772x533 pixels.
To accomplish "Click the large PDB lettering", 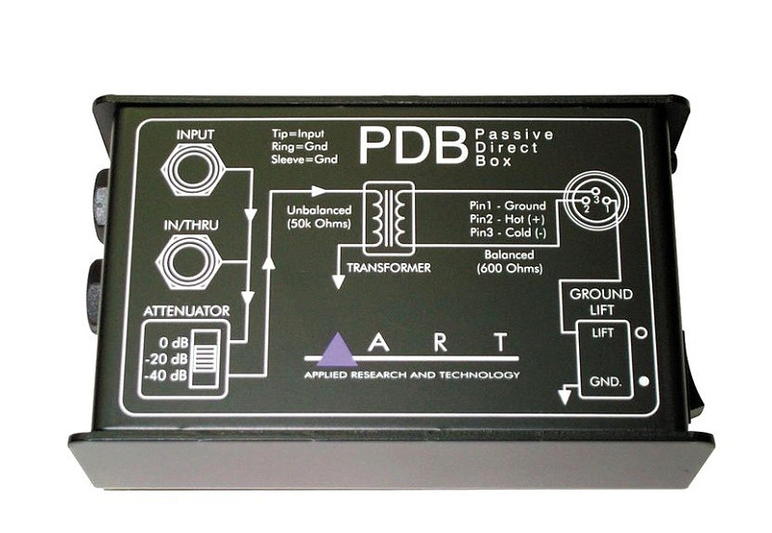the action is coord(413,147).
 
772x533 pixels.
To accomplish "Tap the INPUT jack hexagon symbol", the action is coord(194,171).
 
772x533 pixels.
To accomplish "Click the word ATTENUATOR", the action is coord(186,310).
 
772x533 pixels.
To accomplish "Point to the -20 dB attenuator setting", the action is coord(166,359).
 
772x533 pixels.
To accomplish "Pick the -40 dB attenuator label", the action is coord(166,375).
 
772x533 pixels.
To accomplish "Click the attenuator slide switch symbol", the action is coord(206,360).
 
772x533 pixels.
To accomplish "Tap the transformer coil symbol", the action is coord(388,219).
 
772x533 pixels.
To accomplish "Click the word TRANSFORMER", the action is coord(389,268).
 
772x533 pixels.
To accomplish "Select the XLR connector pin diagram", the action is coord(593,201).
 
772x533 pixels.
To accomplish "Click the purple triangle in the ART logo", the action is coord(337,350).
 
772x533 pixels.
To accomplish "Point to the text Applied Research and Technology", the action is coord(412,375).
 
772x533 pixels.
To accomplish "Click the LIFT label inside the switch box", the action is coord(602,333).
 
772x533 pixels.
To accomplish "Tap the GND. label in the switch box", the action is coord(605,381).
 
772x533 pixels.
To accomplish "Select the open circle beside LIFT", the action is coord(642,333).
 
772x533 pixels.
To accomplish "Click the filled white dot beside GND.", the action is coord(643,381).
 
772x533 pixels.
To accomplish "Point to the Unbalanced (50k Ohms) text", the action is coord(319,217).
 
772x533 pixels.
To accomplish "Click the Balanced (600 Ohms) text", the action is coord(510,261).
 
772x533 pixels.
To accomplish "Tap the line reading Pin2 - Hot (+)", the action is coord(508,220).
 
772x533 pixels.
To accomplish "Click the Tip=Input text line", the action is coord(298,134).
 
